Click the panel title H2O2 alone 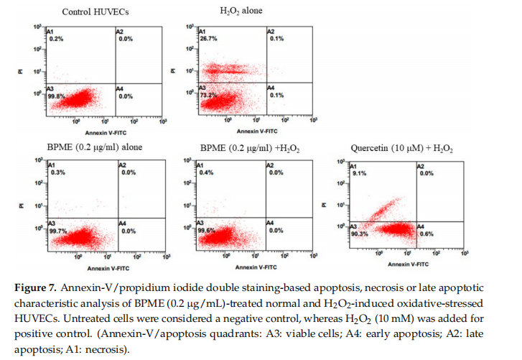click(x=240, y=11)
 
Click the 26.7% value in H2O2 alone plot click(x=208, y=40)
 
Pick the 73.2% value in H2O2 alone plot click(x=207, y=94)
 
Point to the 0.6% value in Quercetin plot click(x=425, y=233)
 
